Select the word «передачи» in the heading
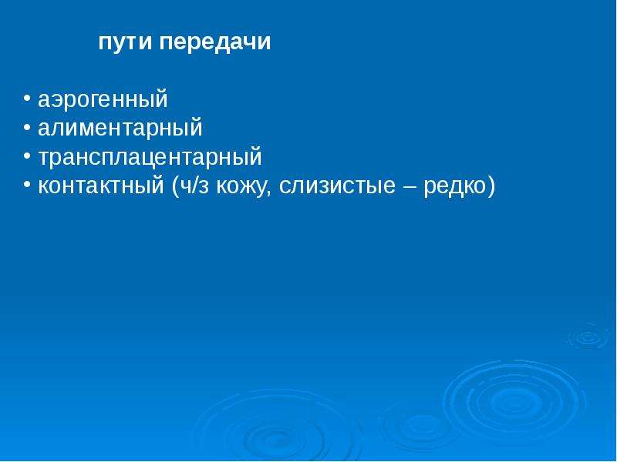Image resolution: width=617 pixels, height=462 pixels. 215,42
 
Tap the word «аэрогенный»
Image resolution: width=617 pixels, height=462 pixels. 103,100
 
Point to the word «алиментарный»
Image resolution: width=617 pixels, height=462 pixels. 120,129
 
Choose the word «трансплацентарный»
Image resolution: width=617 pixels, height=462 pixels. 150,158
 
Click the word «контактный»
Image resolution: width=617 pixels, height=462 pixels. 101,186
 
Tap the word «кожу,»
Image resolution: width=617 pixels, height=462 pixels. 244,186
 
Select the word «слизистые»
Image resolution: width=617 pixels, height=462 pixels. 337,186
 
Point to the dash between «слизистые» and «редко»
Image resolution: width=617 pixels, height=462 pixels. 410,187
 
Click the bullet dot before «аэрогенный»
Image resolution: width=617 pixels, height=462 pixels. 27,98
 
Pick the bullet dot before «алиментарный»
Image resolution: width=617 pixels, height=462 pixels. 27,126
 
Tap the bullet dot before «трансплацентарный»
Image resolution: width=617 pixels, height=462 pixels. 27,156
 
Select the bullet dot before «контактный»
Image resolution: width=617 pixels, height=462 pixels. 27,185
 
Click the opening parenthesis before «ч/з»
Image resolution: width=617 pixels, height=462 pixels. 175,186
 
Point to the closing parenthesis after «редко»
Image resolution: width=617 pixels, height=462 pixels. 491,186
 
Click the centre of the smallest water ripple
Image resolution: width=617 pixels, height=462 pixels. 589,337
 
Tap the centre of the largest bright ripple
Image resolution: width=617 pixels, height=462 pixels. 514,403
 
